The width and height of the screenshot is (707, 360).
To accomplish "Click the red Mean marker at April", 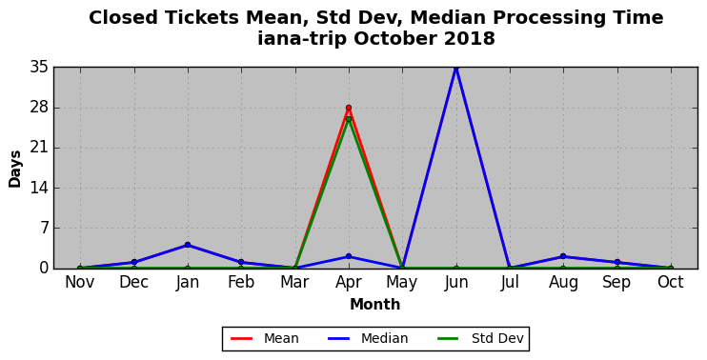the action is pyautogui.click(x=349, y=108).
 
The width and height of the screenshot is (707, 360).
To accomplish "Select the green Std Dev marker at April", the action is pyautogui.click(x=349, y=119).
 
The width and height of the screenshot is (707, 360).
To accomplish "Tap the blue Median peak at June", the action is pyautogui.click(x=455, y=68).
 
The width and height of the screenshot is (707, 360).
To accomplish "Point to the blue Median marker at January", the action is pyautogui.click(x=188, y=245).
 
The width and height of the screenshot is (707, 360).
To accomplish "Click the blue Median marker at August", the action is pyautogui.click(x=563, y=256).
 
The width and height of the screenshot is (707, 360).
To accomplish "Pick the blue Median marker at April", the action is pyautogui.click(x=349, y=256).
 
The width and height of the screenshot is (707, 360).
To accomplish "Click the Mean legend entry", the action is pyautogui.click(x=265, y=338).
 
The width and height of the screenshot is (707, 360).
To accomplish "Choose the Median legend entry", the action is pyautogui.click(x=369, y=338).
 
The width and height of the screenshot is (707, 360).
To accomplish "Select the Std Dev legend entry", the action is pyautogui.click(x=480, y=338).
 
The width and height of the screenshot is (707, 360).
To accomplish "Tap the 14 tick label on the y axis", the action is pyautogui.click(x=38, y=189).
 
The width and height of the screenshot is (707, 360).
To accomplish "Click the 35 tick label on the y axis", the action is pyautogui.click(x=38, y=68).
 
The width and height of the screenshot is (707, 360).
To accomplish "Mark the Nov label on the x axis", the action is pyautogui.click(x=80, y=283).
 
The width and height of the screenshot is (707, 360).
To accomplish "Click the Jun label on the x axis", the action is pyautogui.click(x=456, y=283).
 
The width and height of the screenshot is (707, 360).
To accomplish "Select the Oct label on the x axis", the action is pyautogui.click(x=671, y=283).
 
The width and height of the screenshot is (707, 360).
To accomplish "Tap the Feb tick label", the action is pyautogui.click(x=241, y=283).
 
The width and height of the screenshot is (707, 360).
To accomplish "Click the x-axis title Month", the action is pyautogui.click(x=375, y=305).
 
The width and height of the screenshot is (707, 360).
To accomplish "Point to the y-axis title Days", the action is pyautogui.click(x=15, y=169).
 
